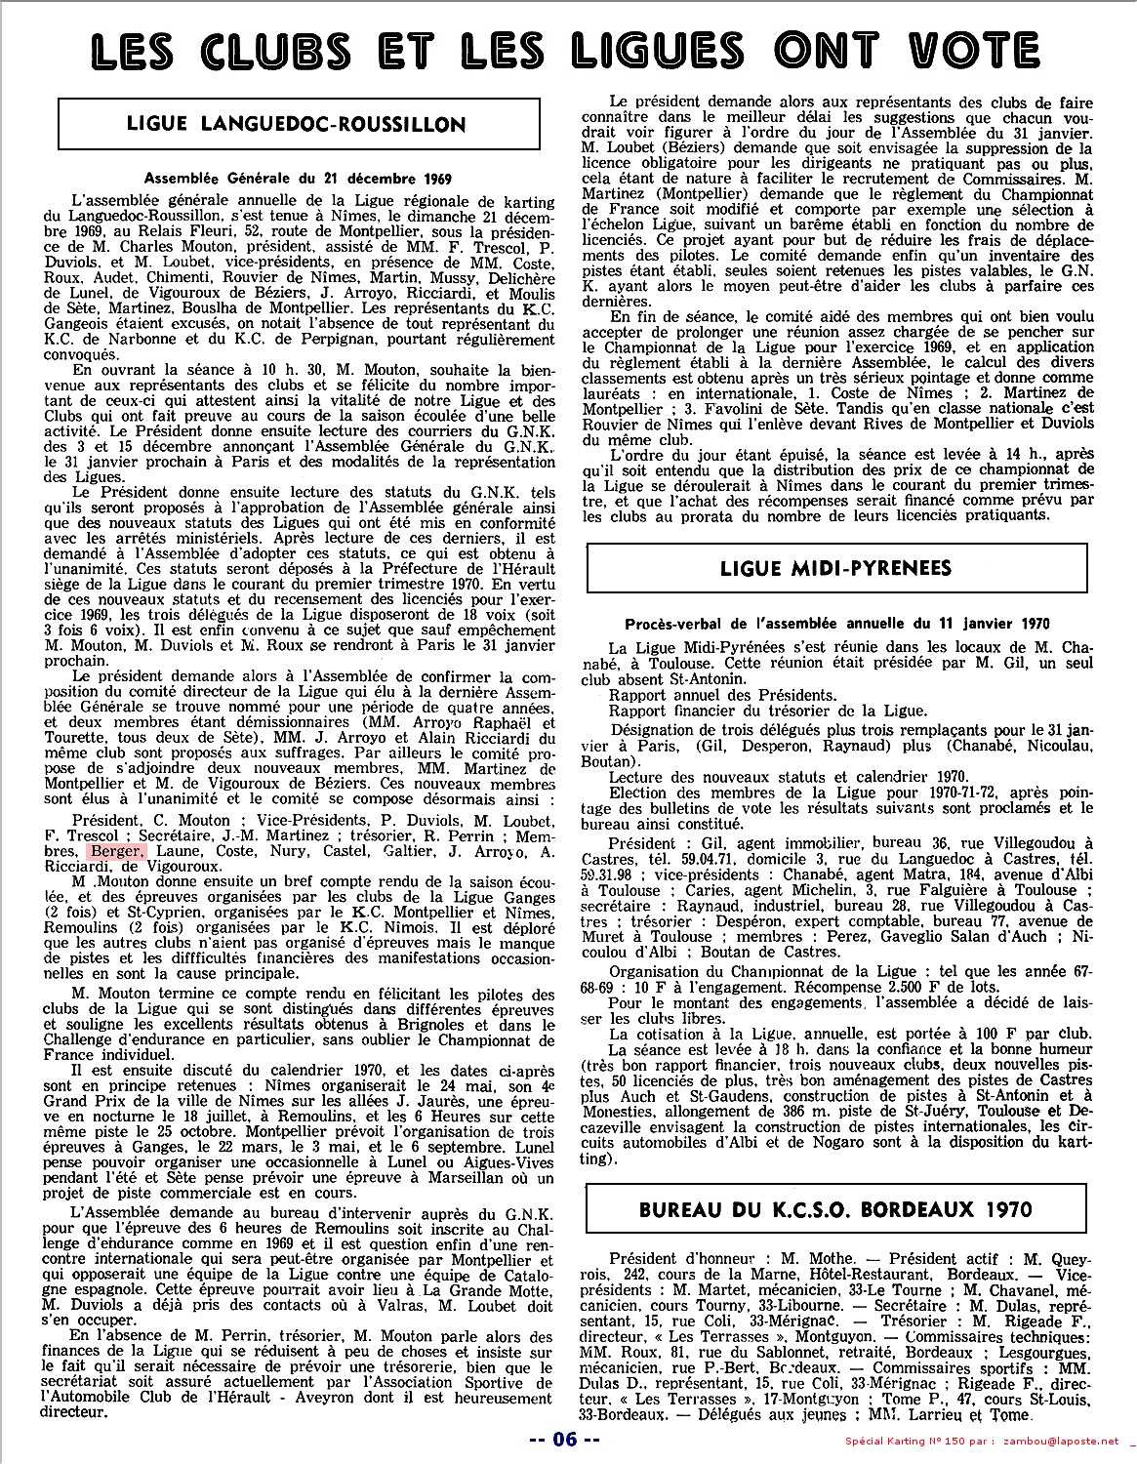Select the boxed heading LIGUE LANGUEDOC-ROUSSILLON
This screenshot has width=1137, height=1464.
coord(297,124)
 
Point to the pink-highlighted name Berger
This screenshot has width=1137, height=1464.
coord(117,851)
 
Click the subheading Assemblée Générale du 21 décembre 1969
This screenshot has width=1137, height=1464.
coord(297,178)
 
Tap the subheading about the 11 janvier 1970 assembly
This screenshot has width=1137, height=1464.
coord(837,623)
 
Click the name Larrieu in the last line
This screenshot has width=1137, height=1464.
coord(940,1414)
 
